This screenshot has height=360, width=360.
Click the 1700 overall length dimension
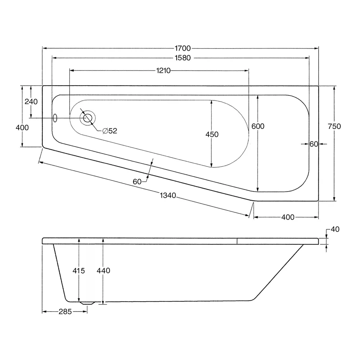pyautogui.click(x=183, y=48)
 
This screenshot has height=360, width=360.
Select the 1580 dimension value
pyautogui.click(x=183, y=58)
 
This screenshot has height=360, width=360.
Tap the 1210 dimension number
pyautogui.click(x=163, y=71)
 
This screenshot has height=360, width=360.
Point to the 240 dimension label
pyautogui.click(x=31, y=102)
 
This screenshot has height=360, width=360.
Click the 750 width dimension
pyautogui.click(x=334, y=126)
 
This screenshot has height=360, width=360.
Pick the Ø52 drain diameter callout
pyautogui.click(x=110, y=131)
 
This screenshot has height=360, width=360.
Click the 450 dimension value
pyautogui.click(x=212, y=134)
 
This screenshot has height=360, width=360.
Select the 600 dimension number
pyautogui.click(x=258, y=126)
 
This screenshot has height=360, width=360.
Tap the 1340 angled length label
pyautogui.click(x=168, y=195)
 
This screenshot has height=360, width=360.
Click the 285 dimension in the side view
pyautogui.click(x=65, y=311)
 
